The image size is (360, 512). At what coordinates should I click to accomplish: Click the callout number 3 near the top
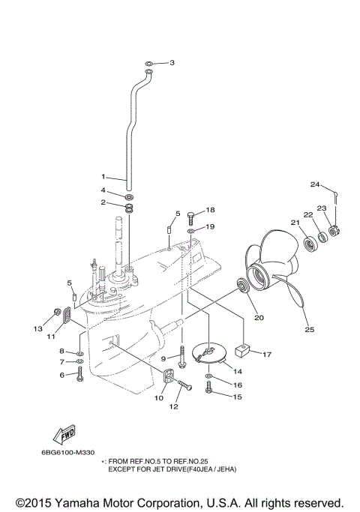tap(172, 62)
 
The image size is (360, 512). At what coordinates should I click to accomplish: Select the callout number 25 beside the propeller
tap(309, 328)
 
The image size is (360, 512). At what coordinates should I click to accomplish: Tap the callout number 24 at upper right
tap(315, 184)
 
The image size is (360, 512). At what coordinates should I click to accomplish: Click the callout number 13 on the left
tap(37, 328)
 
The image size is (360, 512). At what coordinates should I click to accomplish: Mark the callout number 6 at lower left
tap(62, 377)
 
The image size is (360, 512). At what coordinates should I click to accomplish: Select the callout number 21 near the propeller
tap(295, 222)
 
